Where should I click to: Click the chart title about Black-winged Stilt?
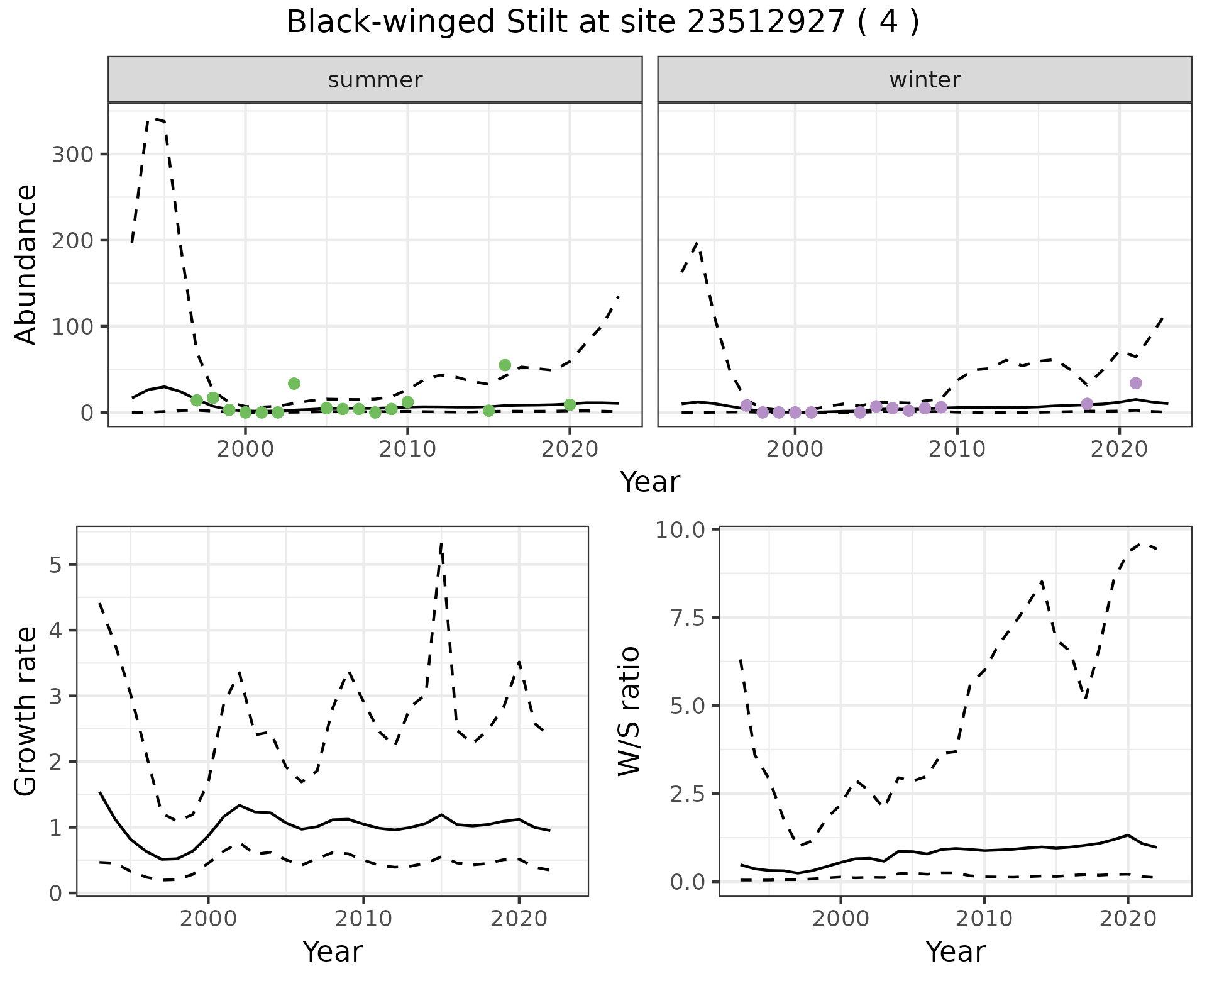click(x=602, y=23)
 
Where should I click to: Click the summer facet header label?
click(x=375, y=80)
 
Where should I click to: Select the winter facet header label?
click(x=925, y=80)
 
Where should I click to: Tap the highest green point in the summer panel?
click(x=505, y=365)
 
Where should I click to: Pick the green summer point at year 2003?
click(x=294, y=383)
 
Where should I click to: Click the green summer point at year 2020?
click(x=570, y=404)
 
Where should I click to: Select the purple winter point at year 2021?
click(x=1135, y=383)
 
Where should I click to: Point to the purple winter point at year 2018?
click(x=1087, y=403)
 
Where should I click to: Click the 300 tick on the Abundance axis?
click(x=71, y=155)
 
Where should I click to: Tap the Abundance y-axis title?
click(x=26, y=265)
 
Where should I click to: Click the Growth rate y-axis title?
click(x=26, y=712)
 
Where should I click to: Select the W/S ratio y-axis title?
click(x=629, y=711)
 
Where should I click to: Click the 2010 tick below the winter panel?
click(x=957, y=449)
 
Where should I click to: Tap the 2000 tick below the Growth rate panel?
click(x=208, y=918)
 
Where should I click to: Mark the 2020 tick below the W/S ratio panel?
click(x=1127, y=918)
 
